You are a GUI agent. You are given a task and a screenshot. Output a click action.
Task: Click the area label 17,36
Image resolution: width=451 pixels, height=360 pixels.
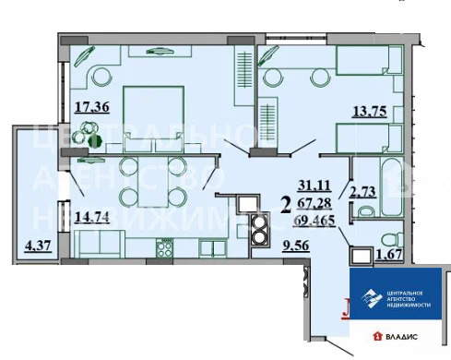[x=91, y=107]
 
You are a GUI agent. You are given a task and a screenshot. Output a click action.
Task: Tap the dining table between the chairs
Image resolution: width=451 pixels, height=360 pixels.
[x=152, y=182]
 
